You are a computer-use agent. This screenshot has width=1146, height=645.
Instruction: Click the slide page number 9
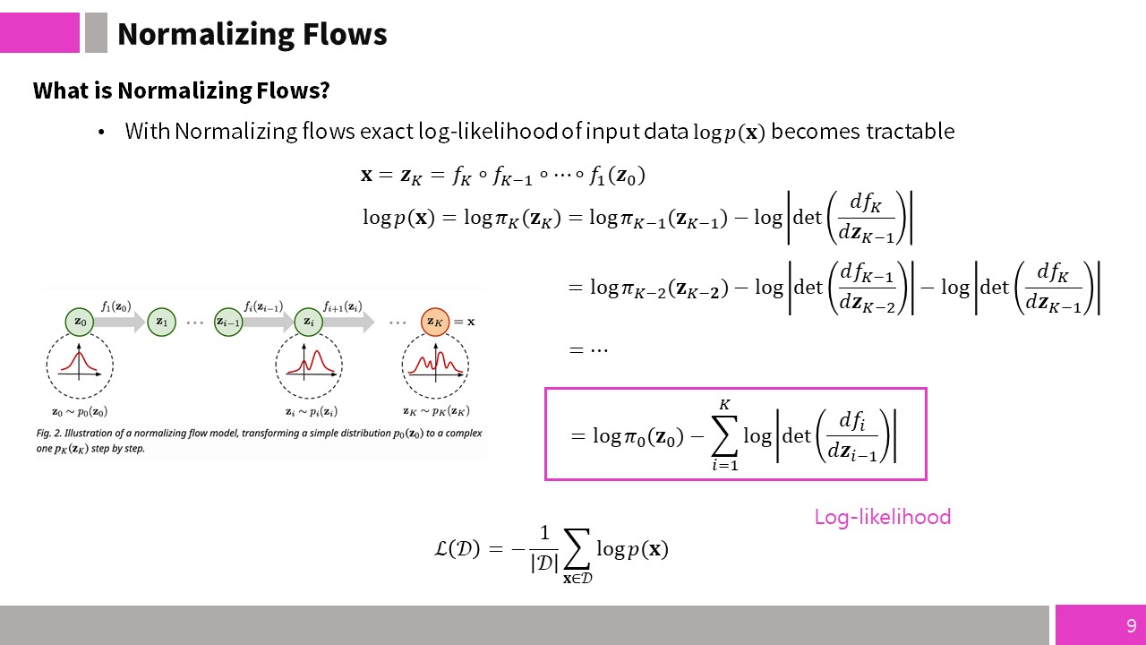pos(1131,625)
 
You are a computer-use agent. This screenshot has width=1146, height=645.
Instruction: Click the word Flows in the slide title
pos(345,34)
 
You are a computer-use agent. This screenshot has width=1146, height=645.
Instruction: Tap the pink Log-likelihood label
pos(883,517)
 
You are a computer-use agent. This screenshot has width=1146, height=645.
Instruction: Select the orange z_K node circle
pos(435,322)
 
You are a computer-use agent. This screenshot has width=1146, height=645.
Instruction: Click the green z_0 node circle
pos(80,322)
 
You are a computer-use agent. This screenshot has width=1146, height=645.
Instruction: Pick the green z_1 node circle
pos(162,322)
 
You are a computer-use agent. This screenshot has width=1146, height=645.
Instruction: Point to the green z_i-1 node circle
pos(228,322)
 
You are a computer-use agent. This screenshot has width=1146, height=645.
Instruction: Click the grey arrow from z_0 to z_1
pos(120,322)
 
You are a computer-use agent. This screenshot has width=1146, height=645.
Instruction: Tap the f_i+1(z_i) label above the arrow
pos(343,306)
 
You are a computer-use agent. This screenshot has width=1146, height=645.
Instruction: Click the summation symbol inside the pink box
pos(725,435)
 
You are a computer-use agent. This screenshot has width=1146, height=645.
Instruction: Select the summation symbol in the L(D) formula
pos(577,549)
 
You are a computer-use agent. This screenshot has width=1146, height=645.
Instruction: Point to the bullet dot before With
pos(101,132)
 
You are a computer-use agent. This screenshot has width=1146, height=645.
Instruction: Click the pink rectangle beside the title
pos(39,33)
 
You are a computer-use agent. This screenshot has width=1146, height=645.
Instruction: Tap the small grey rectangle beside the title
pos(96,33)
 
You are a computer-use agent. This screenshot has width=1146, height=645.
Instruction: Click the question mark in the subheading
pos(324,90)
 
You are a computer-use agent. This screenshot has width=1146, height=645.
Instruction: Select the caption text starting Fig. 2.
pos(259,441)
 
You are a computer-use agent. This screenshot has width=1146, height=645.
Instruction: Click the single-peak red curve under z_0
pos(79,361)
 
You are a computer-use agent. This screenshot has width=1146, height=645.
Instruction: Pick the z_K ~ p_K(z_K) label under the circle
pos(436,411)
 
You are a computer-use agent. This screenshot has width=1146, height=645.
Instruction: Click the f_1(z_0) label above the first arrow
pos(116,306)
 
